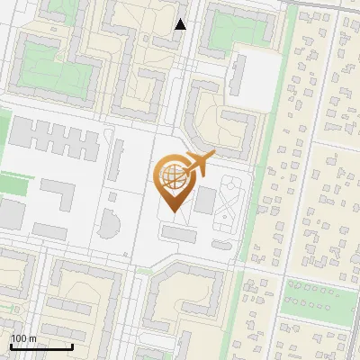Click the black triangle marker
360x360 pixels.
pyautogui.click(x=181, y=24)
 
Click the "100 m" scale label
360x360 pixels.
pyautogui.click(x=23, y=337)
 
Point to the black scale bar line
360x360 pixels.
pyautogui.click(x=41, y=346)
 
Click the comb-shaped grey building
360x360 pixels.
pyautogui.click(x=53, y=138)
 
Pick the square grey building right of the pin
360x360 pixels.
pyautogui.click(x=206, y=199)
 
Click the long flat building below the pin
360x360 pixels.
pyautogui.click(x=178, y=235)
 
